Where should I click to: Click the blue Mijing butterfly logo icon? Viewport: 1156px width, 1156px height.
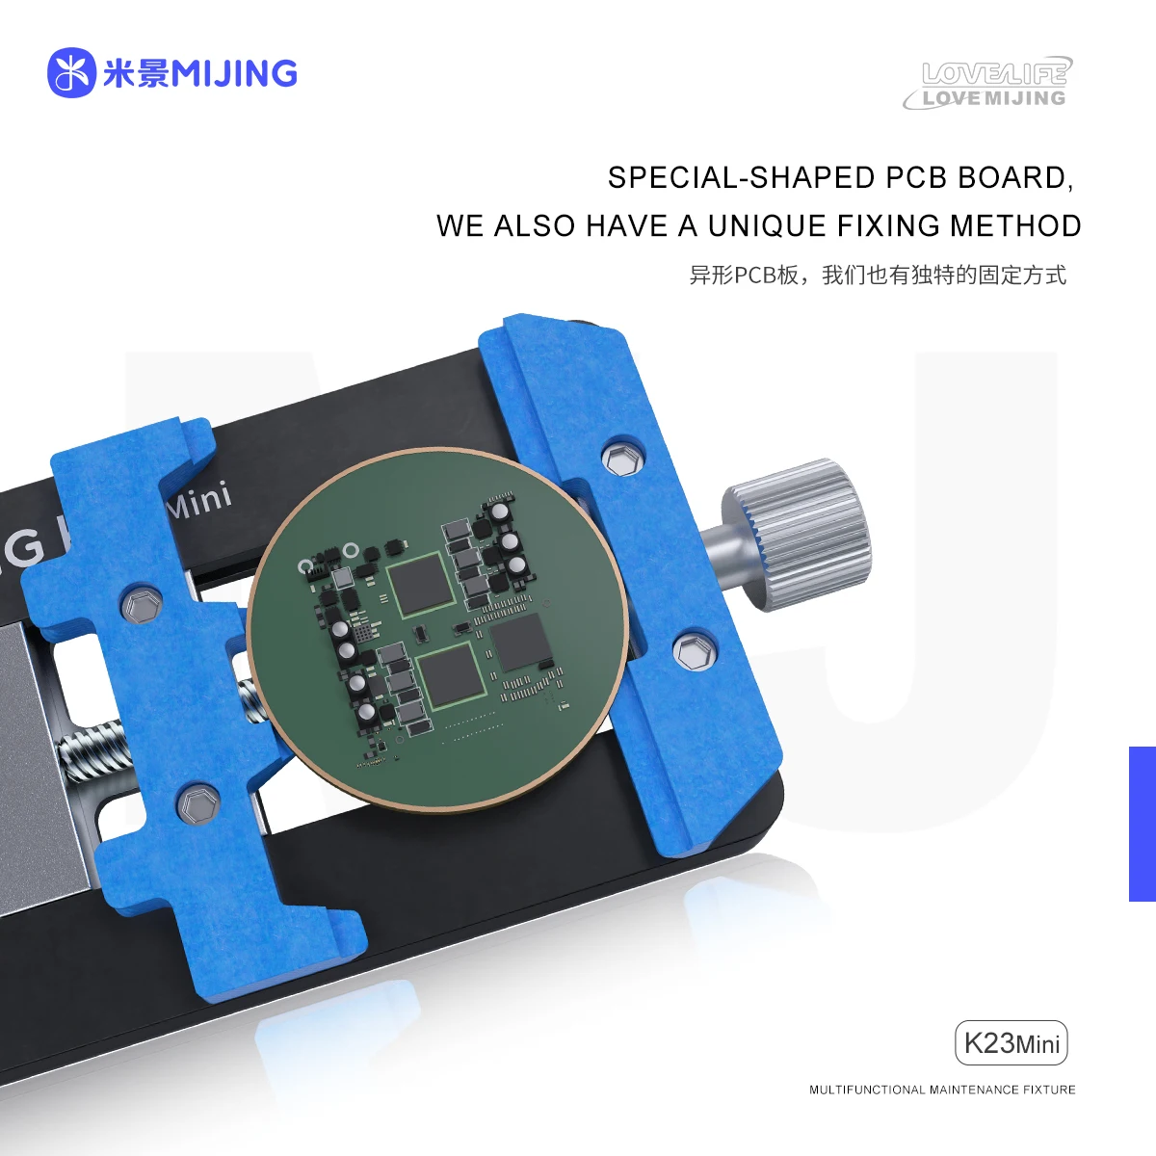coord(71,73)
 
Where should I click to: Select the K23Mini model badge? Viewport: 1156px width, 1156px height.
coord(1011,1042)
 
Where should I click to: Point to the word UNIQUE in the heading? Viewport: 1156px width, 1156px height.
coord(767,226)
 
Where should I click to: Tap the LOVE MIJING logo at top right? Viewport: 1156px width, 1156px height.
coord(988,85)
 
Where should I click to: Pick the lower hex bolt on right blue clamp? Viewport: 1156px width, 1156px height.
coord(691,651)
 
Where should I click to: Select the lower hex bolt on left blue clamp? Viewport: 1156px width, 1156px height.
coord(198,803)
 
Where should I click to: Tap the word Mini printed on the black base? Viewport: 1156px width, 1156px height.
coord(199,500)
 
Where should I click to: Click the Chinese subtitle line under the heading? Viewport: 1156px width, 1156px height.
coord(877,276)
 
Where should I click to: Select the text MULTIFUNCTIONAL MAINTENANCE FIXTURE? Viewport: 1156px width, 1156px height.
coord(941,1090)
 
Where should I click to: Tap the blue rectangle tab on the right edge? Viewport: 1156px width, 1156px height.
coord(1142,824)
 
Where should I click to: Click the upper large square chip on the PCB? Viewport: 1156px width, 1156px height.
coord(419,585)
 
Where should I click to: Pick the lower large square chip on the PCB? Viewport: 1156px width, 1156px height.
coord(450,673)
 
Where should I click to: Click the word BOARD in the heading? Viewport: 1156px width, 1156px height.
coord(1014,178)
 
